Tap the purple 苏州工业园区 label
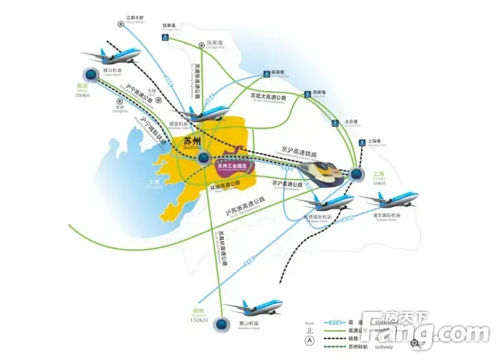(x=231, y=166)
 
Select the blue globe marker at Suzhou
(x=205, y=158)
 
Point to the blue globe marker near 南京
(x=91, y=74)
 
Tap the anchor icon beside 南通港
(x=264, y=73)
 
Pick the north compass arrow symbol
(x=309, y=342)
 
